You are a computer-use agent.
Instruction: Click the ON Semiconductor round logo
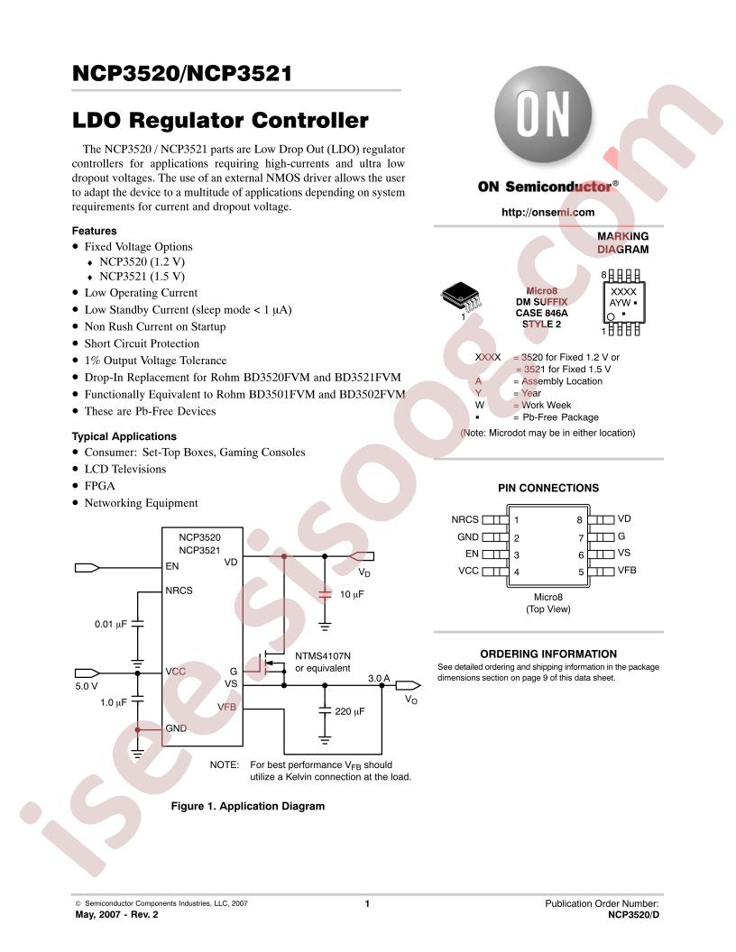tap(543, 114)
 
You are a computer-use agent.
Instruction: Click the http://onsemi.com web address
tap(547, 212)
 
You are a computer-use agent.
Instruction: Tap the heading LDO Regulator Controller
tap(220, 120)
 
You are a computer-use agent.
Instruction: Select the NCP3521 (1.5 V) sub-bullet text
tap(143, 276)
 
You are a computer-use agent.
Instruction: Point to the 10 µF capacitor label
tap(352, 594)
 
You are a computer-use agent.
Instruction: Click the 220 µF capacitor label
tap(350, 711)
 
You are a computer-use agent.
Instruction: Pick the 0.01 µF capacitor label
tap(111, 624)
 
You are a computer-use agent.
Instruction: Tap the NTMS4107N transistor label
tap(323, 656)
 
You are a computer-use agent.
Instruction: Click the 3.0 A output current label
tap(379, 678)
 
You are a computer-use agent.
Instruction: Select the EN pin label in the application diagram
tap(172, 566)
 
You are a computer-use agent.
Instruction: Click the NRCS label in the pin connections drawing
tap(465, 519)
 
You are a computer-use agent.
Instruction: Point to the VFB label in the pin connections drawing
tap(627, 570)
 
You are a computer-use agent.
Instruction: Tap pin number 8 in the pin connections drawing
tap(579, 520)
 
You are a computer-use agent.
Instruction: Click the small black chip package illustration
tap(461, 297)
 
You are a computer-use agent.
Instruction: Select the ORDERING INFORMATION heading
tap(548, 654)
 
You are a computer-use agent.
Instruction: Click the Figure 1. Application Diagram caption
tap(248, 806)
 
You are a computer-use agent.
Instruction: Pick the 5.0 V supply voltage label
tap(87, 686)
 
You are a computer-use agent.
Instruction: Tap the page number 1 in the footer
tap(367, 903)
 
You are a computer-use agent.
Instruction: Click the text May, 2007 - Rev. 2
tap(116, 914)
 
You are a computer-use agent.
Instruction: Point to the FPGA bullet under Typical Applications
tap(99, 486)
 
